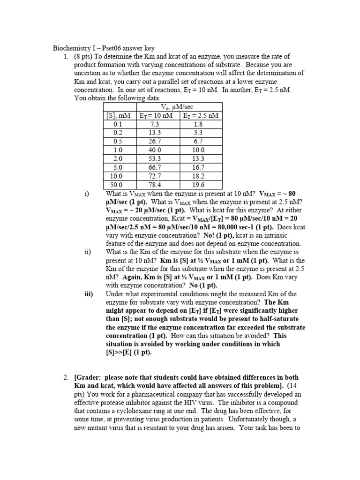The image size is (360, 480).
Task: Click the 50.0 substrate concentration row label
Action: (x=117, y=185)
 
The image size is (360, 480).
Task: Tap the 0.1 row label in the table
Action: (x=117, y=124)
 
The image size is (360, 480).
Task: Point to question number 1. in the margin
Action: (x=66, y=56)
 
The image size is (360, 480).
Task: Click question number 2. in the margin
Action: (x=66, y=377)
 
